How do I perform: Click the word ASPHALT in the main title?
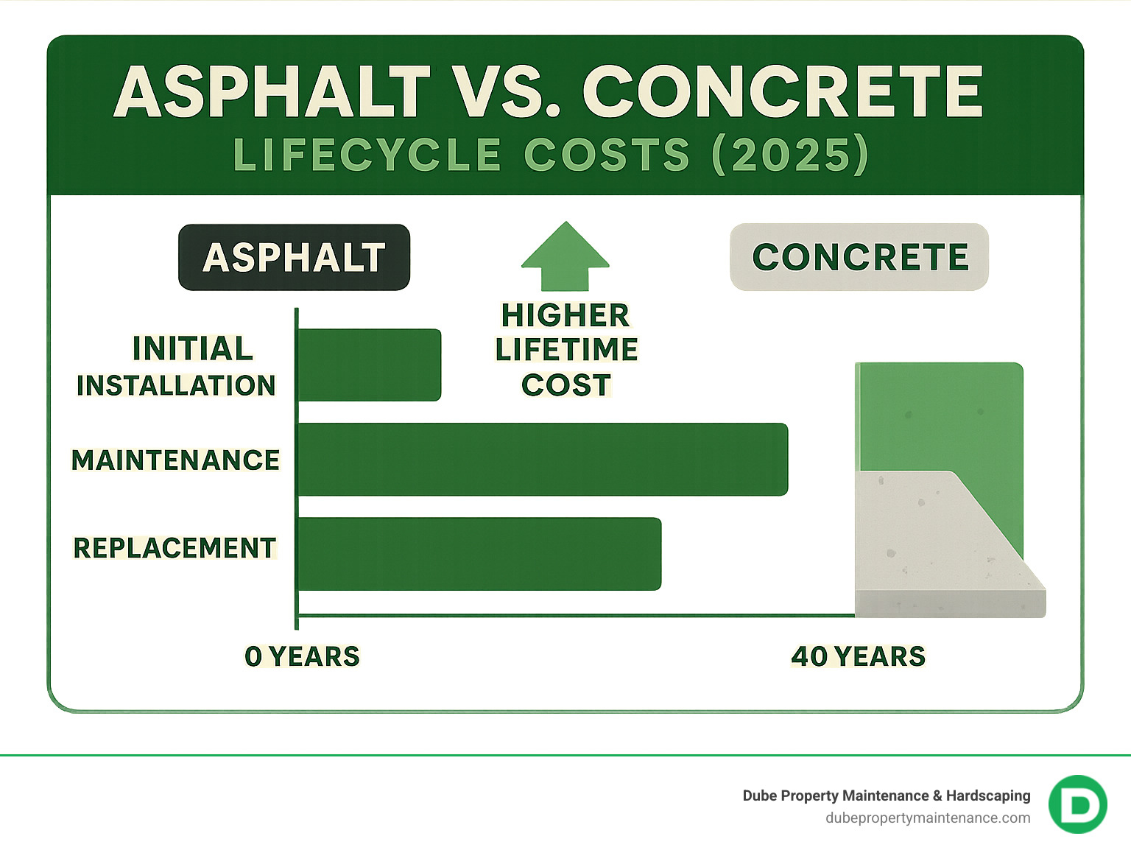tap(272, 92)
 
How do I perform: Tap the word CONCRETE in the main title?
tap(783, 92)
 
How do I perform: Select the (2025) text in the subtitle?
tap(790, 155)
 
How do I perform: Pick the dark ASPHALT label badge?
tap(294, 257)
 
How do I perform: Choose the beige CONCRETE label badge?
tap(859, 257)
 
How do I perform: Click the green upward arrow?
tap(565, 256)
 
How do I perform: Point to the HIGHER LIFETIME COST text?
tap(565, 350)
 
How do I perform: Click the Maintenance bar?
tap(543, 459)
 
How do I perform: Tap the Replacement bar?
tap(479, 554)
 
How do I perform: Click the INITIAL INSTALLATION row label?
tap(177, 367)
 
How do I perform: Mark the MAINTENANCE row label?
tap(175, 460)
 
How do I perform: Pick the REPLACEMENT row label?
tap(175, 548)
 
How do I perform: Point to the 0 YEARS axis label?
tap(302, 656)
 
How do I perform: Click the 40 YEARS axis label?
tap(858, 656)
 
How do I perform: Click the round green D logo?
tap(1078, 804)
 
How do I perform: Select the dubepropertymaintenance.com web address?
tap(928, 818)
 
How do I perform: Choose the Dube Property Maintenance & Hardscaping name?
tap(886, 795)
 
